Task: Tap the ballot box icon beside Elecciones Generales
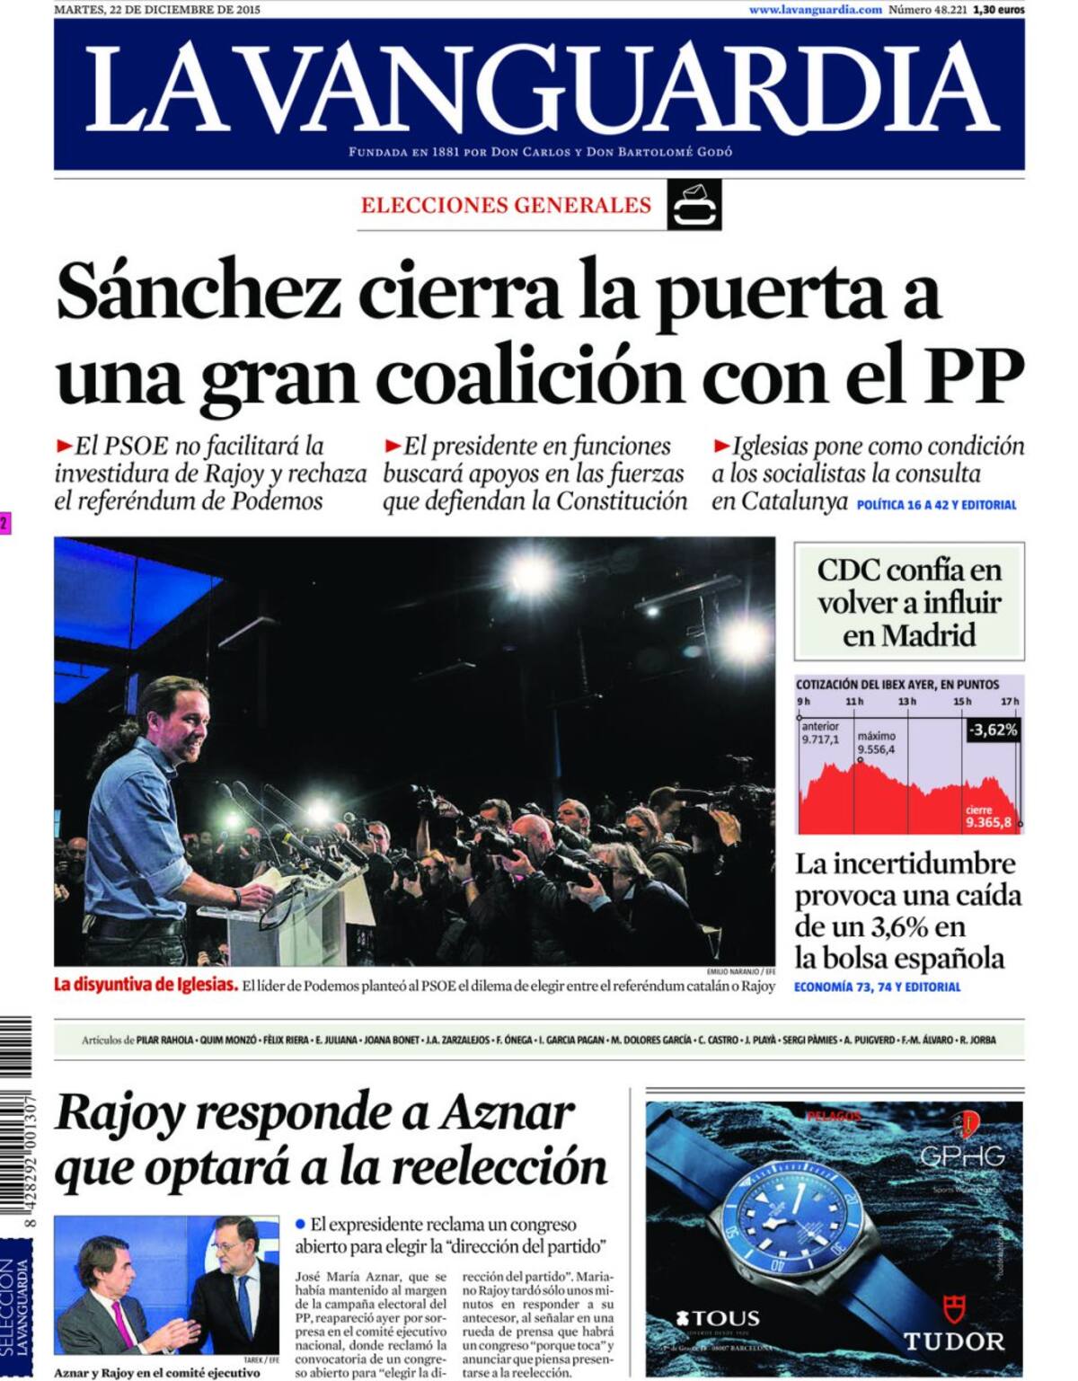point(694,205)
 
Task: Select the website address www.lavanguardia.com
point(815,9)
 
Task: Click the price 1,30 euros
point(998,9)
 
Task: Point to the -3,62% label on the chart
point(993,730)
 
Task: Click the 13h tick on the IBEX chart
point(907,701)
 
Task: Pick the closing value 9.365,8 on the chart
point(988,821)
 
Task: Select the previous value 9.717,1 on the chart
point(820,739)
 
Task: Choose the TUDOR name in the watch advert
point(953,1341)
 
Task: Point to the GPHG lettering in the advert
point(961,1155)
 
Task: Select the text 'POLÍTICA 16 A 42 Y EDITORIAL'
point(936,505)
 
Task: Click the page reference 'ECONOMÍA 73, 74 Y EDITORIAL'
point(877,987)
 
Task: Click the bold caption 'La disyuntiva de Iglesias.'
point(146,984)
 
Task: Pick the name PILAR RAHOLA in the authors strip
point(165,1040)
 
